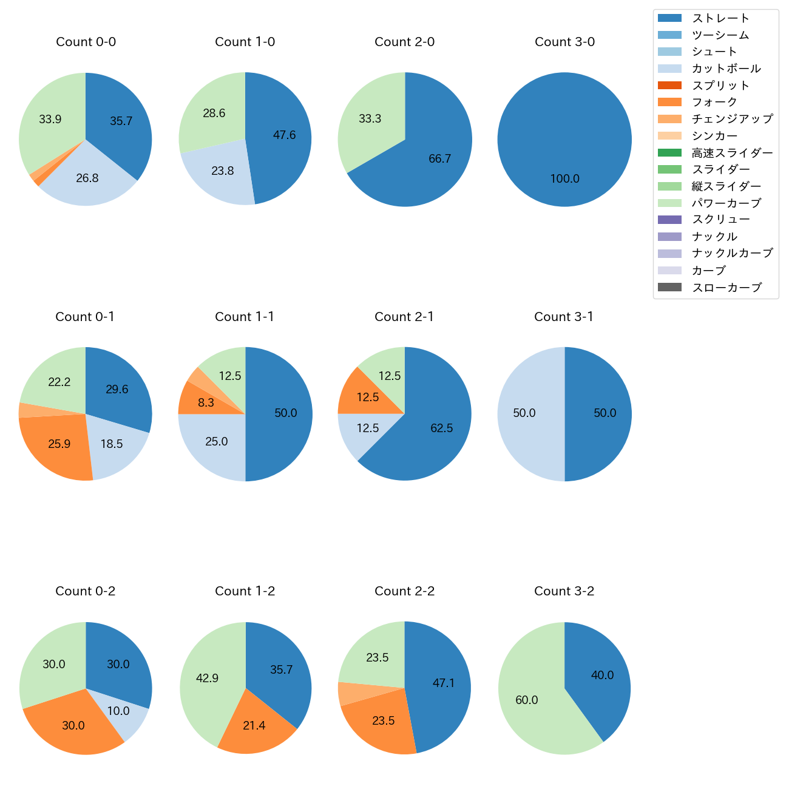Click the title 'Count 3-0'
click(x=564, y=42)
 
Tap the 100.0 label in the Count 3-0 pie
click(x=564, y=179)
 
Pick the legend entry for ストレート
click(x=720, y=18)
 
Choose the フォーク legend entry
click(x=714, y=102)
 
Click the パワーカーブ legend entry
click(x=726, y=203)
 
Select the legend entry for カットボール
click(x=726, y=69)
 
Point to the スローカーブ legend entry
click(x=726, y=288)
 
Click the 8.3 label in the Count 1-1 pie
click(x=205, y=403)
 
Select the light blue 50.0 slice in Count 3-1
click(x=525, y=414)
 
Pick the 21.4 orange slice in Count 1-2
click(x=254, y=725)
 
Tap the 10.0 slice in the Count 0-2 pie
click(x=119, y=710)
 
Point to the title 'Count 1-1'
click(x=245, y=317)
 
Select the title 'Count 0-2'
click(x=85, y=591)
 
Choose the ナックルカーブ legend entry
click(x=732, y=254)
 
